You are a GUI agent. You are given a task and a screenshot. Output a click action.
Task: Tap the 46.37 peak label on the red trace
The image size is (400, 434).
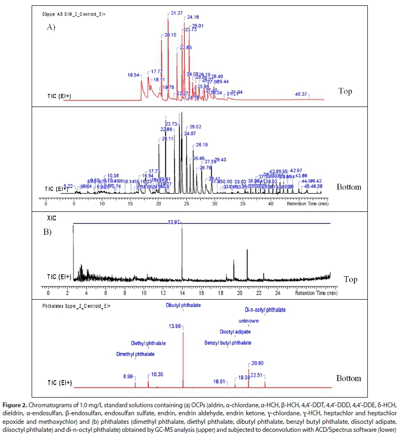301,94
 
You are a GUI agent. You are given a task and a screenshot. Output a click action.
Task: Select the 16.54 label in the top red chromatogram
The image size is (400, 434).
134,75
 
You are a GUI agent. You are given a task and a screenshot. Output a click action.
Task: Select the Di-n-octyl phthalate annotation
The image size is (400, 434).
265,310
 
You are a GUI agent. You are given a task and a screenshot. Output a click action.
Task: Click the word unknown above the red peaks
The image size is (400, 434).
248,321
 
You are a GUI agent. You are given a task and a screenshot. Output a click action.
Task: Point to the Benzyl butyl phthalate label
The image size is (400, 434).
228,343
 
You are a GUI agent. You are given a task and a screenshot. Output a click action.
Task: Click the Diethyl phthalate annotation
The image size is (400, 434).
148,343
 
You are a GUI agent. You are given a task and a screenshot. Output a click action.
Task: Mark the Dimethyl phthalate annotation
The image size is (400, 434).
135,354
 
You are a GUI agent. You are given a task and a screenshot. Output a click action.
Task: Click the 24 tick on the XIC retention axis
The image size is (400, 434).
278,294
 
